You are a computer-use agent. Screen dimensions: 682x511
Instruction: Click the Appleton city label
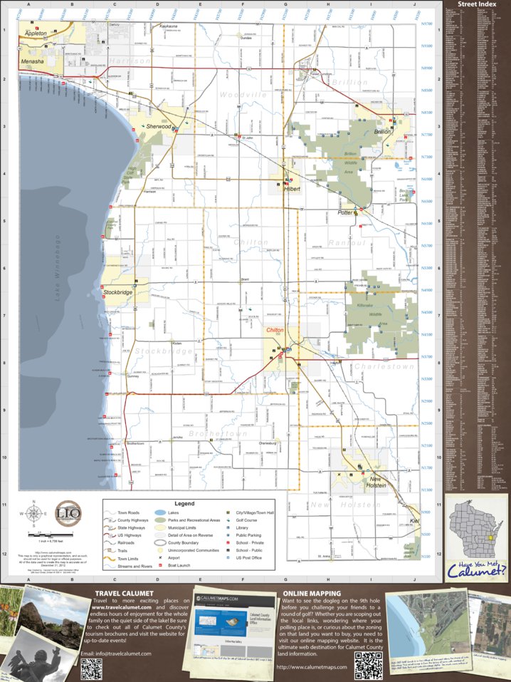click(36, 33)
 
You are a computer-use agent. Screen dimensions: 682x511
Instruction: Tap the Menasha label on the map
click(33, 62)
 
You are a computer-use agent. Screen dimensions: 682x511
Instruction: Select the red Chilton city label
click(275, 331)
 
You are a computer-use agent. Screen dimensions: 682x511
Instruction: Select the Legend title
click(179, 504)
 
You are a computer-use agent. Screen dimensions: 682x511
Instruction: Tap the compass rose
click(33, 513)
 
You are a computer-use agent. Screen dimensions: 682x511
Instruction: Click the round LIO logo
click(68, 513)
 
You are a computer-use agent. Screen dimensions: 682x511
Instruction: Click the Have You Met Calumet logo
click(478, 569)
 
